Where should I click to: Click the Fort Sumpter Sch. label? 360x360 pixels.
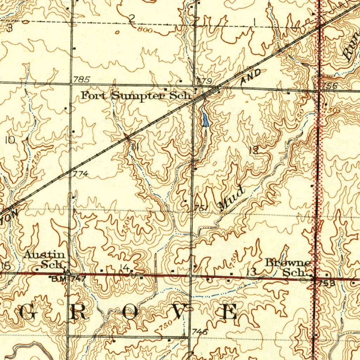[x=136, y=95]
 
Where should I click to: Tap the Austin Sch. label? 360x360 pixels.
[x=44, y=259]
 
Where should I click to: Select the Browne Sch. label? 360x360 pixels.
[x=288, y=267]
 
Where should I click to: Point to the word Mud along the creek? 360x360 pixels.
[x=231, y=199]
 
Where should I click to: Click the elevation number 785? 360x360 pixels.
[x=82, y=80]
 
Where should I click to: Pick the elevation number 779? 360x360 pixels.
[x=204, y=82]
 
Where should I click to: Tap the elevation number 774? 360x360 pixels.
[x=81, y=174]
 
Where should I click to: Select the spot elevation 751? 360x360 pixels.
[x=202, y=208]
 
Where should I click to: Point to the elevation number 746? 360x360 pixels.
[x=200, y=332]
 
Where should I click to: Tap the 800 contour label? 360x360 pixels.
[x=145, y=30]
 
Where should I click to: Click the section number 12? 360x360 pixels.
[x=254, y=150]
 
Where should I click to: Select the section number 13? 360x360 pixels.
[x=251, y=271]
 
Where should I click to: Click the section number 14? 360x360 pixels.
[x=124, y=268]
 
